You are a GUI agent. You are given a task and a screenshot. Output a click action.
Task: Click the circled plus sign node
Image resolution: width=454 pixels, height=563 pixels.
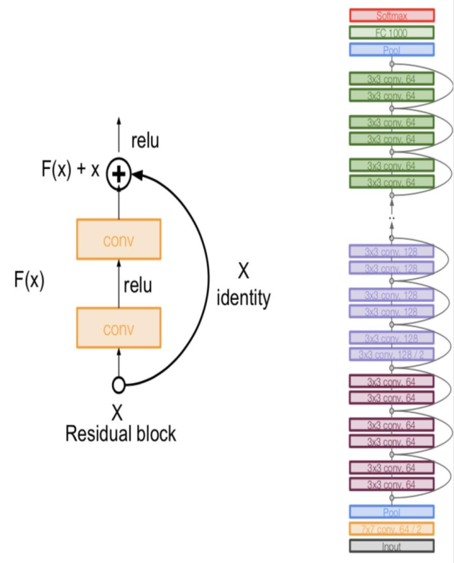[x=119, y=174]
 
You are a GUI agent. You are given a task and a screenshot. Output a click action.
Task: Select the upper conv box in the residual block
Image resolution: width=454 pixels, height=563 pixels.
[x=119, y=239]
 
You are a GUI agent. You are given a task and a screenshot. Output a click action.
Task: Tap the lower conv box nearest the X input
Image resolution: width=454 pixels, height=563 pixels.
[x=119, y=329]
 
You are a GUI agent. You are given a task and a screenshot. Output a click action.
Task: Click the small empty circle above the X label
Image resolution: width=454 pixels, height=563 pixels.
[x=119, y=385]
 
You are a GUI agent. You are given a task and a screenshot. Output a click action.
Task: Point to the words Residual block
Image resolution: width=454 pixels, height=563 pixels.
[x=121, y=434]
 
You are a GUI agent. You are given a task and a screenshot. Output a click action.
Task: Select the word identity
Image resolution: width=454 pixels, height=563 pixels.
[x=244, y=298]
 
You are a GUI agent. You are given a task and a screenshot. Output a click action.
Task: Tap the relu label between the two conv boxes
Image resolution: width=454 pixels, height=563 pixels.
[x=137, y=285]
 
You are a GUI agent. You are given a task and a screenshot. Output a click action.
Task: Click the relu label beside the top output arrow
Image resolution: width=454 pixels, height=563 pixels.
[x=144, y=142]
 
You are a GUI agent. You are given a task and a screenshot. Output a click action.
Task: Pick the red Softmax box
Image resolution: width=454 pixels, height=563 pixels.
[x=392, y=15]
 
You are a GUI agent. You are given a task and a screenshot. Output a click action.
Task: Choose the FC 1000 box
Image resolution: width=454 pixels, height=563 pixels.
[x=392, y=32]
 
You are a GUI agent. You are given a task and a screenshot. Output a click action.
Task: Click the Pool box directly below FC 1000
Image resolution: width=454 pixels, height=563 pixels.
[x=392, y=50]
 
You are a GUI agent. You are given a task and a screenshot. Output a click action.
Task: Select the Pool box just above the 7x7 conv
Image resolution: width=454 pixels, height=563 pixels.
[x=392, y=511]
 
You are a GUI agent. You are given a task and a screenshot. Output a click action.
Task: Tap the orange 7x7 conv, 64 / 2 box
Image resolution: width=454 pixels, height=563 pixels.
[x=392, y=528]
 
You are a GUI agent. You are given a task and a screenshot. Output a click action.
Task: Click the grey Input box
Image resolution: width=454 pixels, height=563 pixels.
[x=392, y=546]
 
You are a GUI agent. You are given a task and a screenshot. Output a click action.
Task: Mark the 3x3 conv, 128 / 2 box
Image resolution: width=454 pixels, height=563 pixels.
[x=392, y=354]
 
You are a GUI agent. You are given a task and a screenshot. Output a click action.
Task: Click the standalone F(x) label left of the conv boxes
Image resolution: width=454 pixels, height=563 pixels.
[x=29, y=281]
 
